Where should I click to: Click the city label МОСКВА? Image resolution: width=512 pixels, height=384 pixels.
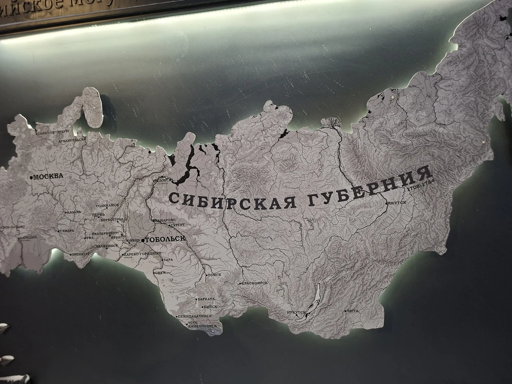click(48, 177)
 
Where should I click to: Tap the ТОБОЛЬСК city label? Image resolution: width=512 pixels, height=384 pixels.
click(165, 239)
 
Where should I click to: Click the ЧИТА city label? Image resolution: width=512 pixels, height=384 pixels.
click(353, 311)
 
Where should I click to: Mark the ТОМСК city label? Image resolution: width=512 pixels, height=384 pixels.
click(215, 275)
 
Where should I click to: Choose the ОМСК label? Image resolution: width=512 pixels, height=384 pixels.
click(161, 273)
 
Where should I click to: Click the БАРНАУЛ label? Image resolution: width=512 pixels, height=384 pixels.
click(207, 299)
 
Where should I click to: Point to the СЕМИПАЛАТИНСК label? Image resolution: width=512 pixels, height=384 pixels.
click(194, 316)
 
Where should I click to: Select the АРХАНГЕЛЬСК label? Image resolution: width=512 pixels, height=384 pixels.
click(71, 140)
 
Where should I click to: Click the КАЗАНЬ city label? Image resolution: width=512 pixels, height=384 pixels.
click(74, 212)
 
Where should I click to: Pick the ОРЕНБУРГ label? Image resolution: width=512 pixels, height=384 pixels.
click(81, 254)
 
